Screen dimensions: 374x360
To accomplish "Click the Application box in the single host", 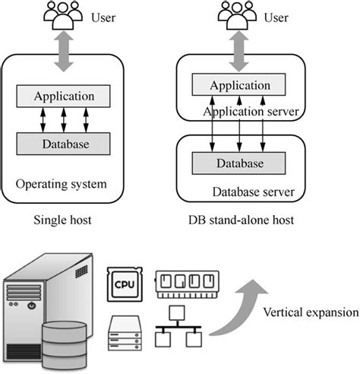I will tap(64, 97).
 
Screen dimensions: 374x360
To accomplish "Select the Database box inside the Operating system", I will tap(64, 144).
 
